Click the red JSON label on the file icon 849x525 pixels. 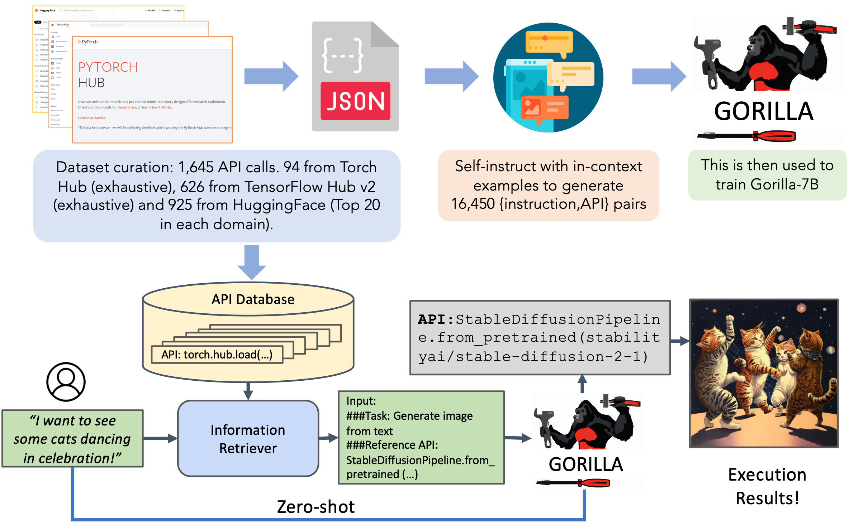[x=355, y=101]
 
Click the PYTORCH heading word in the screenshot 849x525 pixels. [x=108, y=67]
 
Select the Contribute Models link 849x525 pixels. [x=92, y=118]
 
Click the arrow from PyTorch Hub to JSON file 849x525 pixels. [x=271, y=76]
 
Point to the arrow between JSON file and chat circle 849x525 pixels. [x=451, y=76]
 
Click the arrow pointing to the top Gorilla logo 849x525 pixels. [x=659, y=76]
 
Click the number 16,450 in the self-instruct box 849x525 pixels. [x=473, y=204]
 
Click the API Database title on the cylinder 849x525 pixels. [x=253, y=299]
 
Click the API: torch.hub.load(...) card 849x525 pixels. [x=217, y=355]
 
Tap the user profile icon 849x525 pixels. [x=66, y=381]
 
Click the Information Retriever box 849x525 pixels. [x=248, y=439]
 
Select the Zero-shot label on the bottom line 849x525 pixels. [x=316, y=507]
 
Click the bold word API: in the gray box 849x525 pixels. [x=435, y=319]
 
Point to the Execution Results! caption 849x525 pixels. [x=767, y=486]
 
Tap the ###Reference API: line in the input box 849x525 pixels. [x=392, y=445]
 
